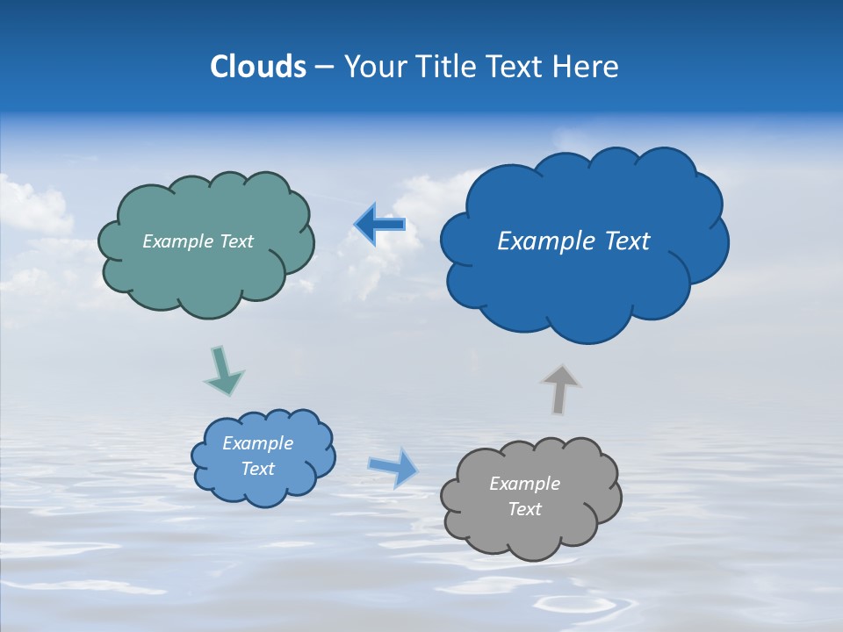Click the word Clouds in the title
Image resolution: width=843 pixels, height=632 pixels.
coord(258,67)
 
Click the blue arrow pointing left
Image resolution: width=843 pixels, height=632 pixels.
coord(379,225)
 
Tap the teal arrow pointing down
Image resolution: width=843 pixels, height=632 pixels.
coord(223,370)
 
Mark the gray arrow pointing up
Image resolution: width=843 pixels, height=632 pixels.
coord(559,389)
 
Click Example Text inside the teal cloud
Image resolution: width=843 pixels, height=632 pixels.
coord(198,241)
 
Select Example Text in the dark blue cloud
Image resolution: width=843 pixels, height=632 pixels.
coord(573,241)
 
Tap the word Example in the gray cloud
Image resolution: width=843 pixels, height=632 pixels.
coord(524,484)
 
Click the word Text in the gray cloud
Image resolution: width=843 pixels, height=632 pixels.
coord(524,509)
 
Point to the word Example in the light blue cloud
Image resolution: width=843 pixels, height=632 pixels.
coord(257,443)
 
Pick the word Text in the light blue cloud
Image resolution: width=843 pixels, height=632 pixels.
coord(257,469)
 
